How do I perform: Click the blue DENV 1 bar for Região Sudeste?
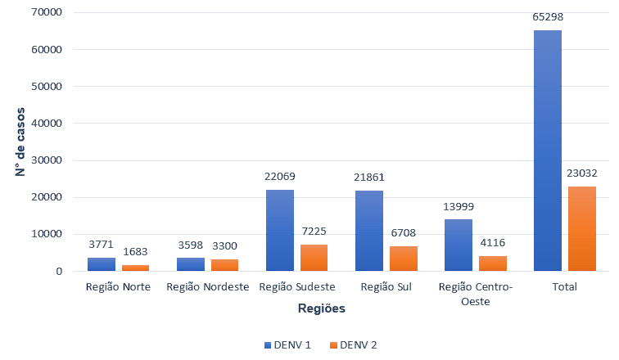pos(280,230)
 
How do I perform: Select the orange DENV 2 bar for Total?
pos(581,228)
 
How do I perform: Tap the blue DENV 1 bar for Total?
pos(547,151)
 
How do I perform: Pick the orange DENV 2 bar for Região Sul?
pos(403,259)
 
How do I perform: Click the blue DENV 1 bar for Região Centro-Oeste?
pos(459,245)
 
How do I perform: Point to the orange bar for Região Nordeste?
pos(224,265)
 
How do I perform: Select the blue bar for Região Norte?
pos(102,264)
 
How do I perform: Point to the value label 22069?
pos(280,176)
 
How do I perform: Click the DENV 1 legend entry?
pos(287,345)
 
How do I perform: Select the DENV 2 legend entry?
pos(354,345)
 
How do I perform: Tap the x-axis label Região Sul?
pos(386,287)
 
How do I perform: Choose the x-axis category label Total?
pos(565,287)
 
